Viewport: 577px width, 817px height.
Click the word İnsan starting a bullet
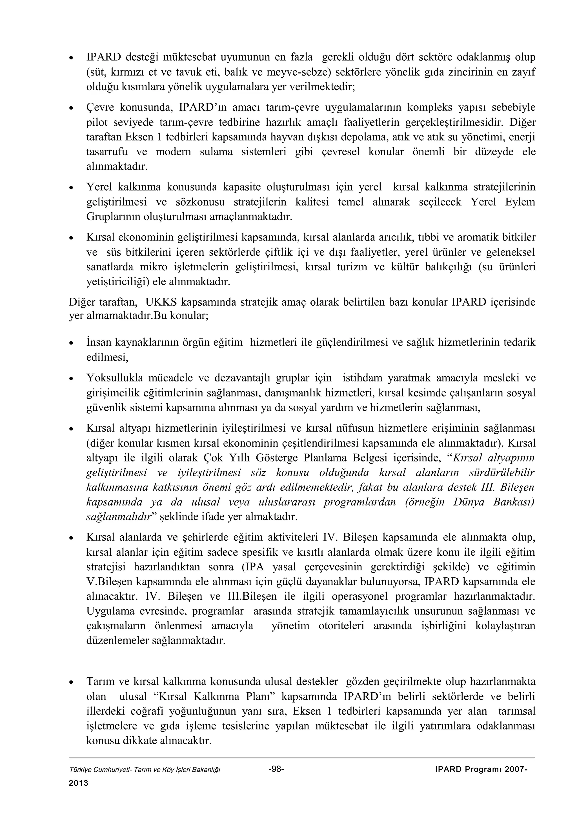coord(99,342)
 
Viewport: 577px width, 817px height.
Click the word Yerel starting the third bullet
coord(99,187)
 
